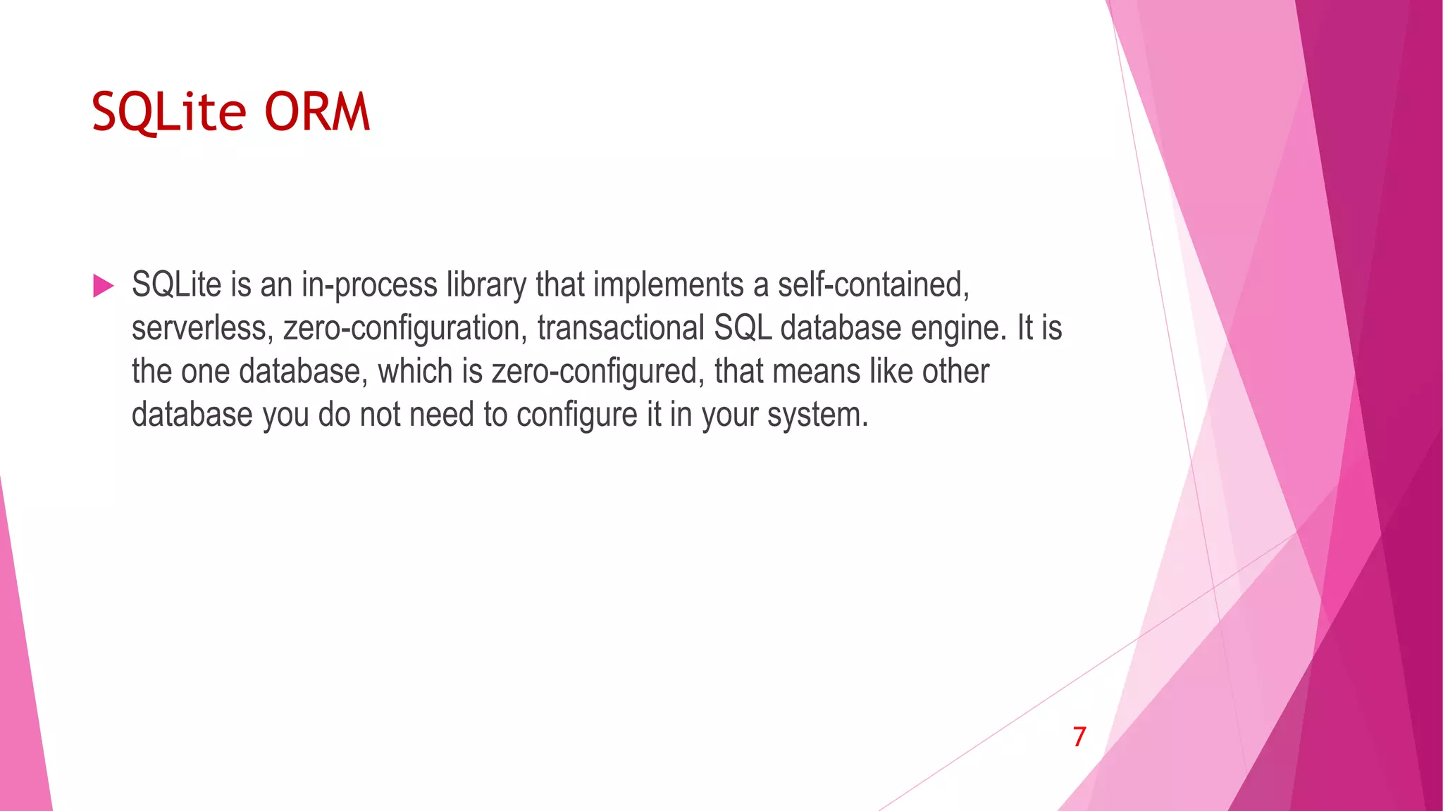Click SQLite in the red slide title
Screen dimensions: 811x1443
pos(168,112)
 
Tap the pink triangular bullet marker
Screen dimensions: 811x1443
pos(103,286)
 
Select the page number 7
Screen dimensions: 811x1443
pos(1079,737)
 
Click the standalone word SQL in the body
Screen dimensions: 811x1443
pos(742,329)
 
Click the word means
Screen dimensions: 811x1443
pos(816,372)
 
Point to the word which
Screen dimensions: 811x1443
pos(415,372)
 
